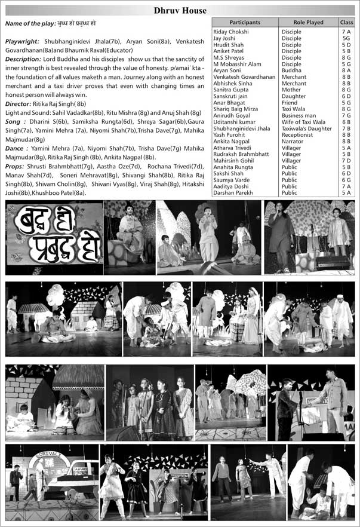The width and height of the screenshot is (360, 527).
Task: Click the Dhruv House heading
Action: click(x=180, y=10)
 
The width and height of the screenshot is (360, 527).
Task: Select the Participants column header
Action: click(x=244, y=22)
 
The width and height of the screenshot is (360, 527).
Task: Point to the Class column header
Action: click(x=346, y=22)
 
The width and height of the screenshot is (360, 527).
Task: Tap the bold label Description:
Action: click(x=23, y=59)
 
